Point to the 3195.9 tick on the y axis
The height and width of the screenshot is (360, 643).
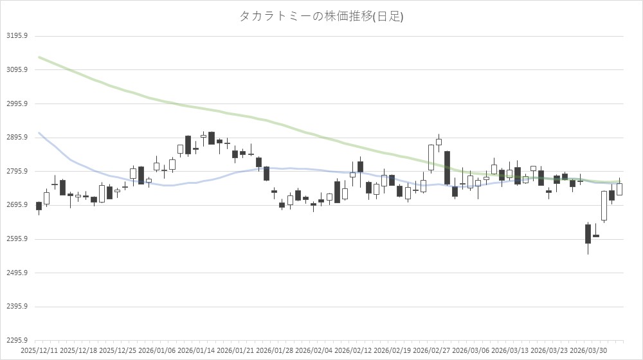[x=16, y=36]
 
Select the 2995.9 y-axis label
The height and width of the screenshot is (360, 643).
[x=16, y=104]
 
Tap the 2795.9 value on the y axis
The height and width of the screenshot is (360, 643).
[x=16, y=172]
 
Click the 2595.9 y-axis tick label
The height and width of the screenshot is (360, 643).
[x=16, y=239]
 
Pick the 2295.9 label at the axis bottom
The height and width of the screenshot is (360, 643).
[x=16, y=341]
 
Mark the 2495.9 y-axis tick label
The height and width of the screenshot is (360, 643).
[x=16, y=273]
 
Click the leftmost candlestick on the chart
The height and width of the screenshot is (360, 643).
[x=39, y=206]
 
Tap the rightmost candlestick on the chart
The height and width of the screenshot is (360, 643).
[x=619, y=189]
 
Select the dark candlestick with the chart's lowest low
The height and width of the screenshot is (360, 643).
[x=588, y=233]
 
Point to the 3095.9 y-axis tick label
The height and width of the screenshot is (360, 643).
[x=16, y=69]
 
